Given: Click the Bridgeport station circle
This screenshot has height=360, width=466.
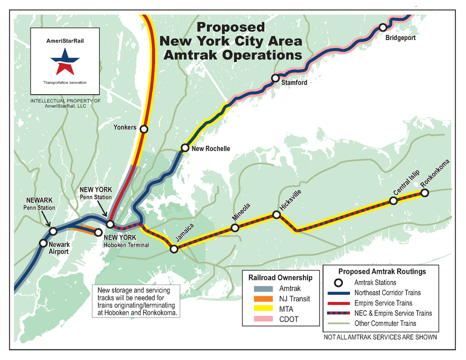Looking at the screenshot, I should click(x=383, y=27).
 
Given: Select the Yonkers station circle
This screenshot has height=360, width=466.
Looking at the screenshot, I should click(x=144, y=129).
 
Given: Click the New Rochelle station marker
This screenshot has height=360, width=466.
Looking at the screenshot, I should click(x=185, y=149).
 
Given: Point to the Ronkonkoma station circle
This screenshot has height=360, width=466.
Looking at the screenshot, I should click(x=425, y=193).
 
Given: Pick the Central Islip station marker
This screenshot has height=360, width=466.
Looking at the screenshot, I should click(x=393, y=201).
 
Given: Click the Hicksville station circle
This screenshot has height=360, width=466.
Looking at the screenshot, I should click(x=276, y=215).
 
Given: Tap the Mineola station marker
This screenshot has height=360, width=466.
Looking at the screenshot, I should click(x=235, y=228).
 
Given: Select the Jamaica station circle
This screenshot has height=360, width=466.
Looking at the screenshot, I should click(x=174, y=249).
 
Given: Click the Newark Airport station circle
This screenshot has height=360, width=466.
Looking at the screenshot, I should click(x=43, y=243).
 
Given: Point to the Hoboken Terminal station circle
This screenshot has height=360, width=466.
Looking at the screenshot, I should click(x=98, y=232).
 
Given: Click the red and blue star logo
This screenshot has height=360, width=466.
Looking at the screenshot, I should click(x=65, y=61).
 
